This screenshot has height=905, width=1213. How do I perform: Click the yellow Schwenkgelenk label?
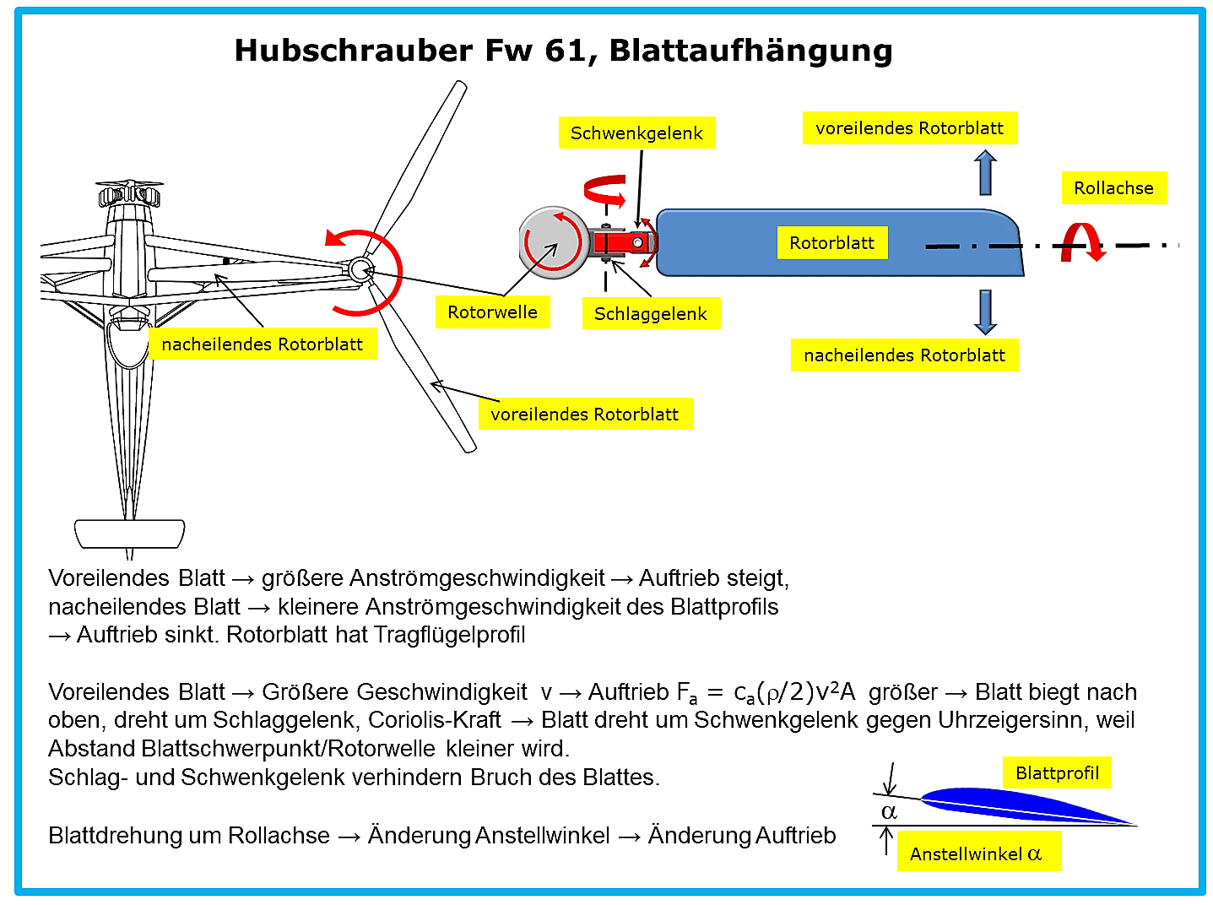[636, 133]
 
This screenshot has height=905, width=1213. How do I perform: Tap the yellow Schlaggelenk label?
[651, 313]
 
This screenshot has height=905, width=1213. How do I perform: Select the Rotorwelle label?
[492, 312]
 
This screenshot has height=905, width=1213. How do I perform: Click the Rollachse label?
[1113, 188]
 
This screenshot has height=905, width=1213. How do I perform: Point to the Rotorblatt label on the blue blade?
[832, 242]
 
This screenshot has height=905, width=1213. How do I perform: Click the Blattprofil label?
[1057, 772]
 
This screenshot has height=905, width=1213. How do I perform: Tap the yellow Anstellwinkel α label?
[978, 854]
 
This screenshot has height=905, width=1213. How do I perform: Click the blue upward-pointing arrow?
[985, 172]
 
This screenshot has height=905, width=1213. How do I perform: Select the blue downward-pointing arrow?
[985, 312]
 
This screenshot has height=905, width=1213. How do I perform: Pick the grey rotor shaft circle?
[554, 242]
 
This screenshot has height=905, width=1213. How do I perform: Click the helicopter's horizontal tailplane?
[129, 534]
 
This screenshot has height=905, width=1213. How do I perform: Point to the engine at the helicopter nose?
[129, 194]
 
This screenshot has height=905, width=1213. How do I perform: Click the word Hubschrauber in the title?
[354, 51]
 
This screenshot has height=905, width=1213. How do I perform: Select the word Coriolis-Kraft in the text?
[435, 719]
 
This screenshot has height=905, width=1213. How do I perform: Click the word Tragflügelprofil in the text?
[449, 635]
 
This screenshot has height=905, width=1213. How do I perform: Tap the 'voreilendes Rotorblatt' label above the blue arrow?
[910, 127]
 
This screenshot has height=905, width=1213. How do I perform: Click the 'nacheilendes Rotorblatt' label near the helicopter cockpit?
[263, 344]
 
